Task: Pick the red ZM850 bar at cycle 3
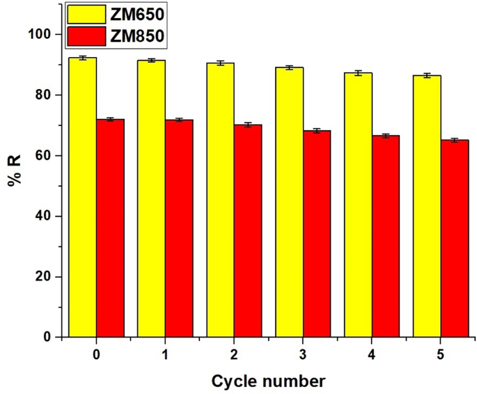point(317,233)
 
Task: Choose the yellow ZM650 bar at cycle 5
point(427,206)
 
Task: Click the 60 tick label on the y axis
point(47,155)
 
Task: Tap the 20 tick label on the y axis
point(47,277)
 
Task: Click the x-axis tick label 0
point(96,354)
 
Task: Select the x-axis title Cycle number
point(268,381)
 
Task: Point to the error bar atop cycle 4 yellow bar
point(358,73)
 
